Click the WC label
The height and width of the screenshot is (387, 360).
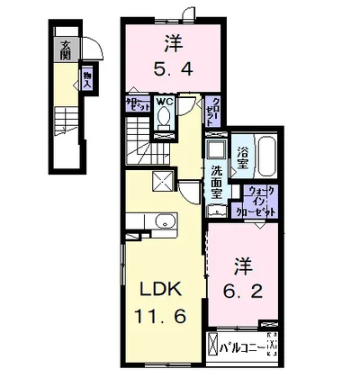(x=164, y=103)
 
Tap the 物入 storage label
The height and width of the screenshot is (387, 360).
(x=87, y=79)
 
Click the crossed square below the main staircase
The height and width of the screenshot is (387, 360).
(x=164, y=182)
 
